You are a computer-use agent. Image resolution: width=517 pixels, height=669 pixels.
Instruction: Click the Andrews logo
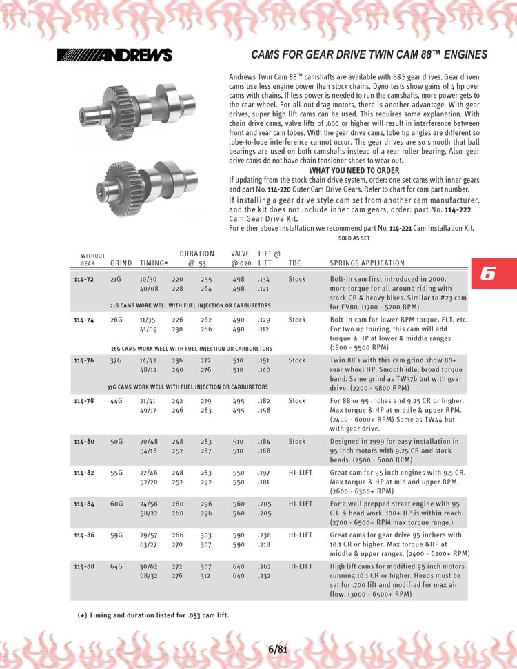(114, 55)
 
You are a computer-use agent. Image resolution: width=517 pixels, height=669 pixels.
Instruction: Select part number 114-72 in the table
(84, 280)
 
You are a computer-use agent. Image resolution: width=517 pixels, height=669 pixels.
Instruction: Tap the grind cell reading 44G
(116, 400)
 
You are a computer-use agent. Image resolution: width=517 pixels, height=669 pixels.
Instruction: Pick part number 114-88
(84, 566)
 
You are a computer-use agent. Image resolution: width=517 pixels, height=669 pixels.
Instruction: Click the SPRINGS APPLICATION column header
(367, 263)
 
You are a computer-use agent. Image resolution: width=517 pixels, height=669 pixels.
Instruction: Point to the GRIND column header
(121, 263)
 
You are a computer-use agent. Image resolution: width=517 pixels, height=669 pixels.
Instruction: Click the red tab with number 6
(493, 273)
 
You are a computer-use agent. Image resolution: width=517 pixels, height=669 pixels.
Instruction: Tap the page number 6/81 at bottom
(277, 648)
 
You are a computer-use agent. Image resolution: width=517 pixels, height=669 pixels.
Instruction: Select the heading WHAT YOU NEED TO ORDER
(354, 170)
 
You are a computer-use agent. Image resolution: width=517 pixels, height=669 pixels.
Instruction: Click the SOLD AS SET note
(354, 238)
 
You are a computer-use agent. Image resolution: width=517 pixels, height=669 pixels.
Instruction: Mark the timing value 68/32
(149, 576)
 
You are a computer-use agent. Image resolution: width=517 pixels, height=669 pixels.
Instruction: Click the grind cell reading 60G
(116, 504)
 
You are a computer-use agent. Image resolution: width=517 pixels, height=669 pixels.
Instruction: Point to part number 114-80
(84, 441)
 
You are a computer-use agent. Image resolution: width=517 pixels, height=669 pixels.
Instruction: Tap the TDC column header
(294, 263)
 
